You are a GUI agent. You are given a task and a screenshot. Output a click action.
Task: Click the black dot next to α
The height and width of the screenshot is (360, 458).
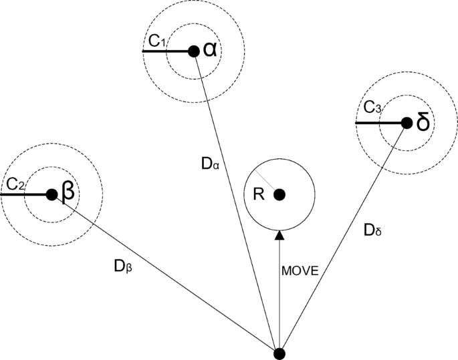193,51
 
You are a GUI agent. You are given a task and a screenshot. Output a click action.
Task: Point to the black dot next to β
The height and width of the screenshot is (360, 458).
51,194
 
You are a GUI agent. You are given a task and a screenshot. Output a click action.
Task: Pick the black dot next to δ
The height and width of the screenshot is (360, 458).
406,123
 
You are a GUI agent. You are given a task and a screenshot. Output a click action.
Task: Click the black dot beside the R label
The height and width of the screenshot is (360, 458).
279,194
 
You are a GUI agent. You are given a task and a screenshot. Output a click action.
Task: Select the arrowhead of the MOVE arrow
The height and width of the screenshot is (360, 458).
279,234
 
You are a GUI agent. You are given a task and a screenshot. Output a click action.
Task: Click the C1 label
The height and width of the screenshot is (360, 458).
157,41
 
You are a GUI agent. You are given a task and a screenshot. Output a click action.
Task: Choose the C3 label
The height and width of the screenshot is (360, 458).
372,108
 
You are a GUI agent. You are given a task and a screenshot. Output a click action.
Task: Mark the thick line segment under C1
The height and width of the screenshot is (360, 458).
167,51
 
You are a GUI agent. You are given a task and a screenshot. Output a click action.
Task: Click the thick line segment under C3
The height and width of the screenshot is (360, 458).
380,123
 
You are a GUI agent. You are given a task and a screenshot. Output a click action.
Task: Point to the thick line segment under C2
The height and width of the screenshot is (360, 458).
25,194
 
